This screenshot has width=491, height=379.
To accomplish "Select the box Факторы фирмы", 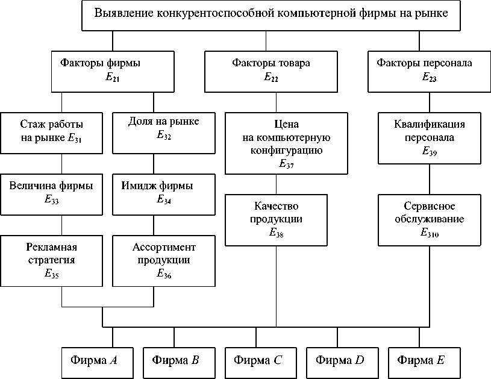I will click(x=113, y=70).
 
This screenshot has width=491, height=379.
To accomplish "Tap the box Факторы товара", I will click(x=266, y=70).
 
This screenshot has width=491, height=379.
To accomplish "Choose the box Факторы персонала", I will click(x=420, y=70).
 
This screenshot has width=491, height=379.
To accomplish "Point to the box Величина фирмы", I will click(x=51, y=193).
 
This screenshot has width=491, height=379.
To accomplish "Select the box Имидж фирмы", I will click(x=164, y=193).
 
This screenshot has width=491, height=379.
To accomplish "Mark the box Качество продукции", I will click(x=277, y=219).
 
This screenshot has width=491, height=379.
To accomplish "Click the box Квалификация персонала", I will click(x=430, y=138).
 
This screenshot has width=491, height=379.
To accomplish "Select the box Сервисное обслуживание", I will click(x=430, y=219).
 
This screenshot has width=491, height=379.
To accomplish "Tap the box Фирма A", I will click(x=93, y=361).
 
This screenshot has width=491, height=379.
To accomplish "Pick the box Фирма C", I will click(x=257, y=361).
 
